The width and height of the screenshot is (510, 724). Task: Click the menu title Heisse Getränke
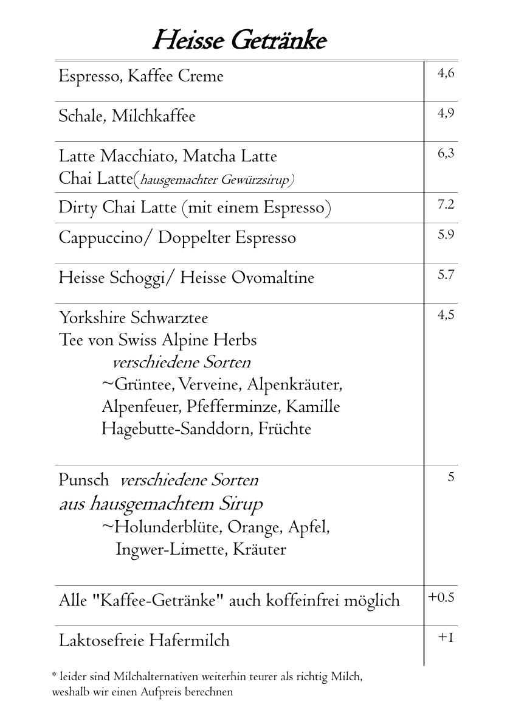point(239,41)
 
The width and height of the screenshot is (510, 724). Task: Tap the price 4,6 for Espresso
point(446,74)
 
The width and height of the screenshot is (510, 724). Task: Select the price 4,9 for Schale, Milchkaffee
point(446,113)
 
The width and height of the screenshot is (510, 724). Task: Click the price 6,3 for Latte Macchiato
point(446,153)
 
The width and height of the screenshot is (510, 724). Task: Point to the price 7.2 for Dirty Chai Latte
point(446,204)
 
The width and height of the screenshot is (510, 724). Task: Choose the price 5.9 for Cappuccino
point(446,234)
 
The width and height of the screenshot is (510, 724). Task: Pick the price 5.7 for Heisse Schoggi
point(446,274)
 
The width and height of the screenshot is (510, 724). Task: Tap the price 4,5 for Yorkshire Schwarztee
point(446,315)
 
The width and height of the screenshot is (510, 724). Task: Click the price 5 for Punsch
point(450,477)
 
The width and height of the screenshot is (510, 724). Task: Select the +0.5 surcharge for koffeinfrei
point(441,597)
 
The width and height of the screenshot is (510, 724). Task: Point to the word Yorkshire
point(92,318)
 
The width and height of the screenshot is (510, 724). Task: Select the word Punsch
point(84,480)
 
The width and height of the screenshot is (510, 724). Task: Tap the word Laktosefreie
point(102,641)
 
